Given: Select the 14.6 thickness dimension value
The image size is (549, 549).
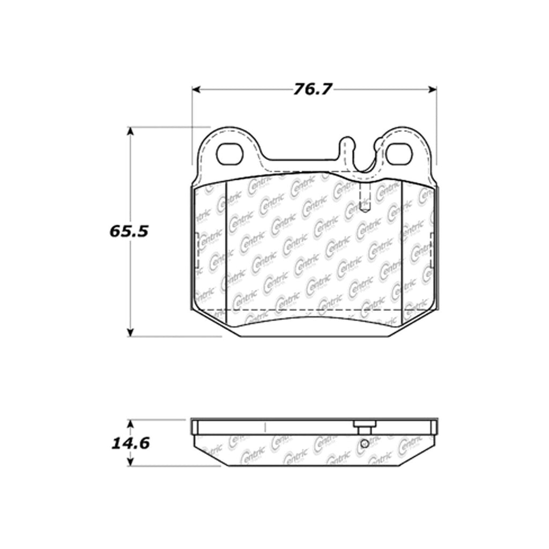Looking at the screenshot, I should tap(130, 443).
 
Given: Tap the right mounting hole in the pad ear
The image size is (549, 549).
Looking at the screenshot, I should tap(399, 154).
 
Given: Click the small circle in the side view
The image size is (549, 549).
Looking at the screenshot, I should tap(364, 443).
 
